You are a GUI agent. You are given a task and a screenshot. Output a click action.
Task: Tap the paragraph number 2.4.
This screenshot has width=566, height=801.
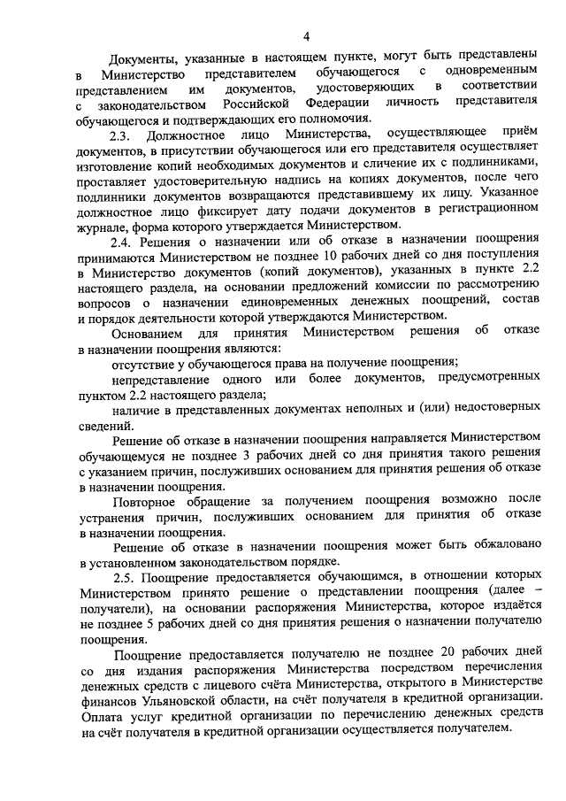coord(123,239)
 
